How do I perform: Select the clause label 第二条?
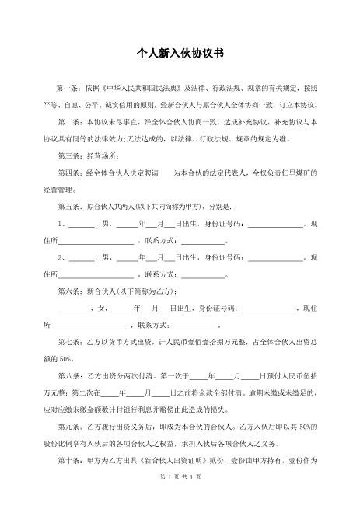point(68,122)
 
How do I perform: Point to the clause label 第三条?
point(68,156)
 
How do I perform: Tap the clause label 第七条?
point(68,342)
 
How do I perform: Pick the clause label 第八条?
point(68,375)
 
